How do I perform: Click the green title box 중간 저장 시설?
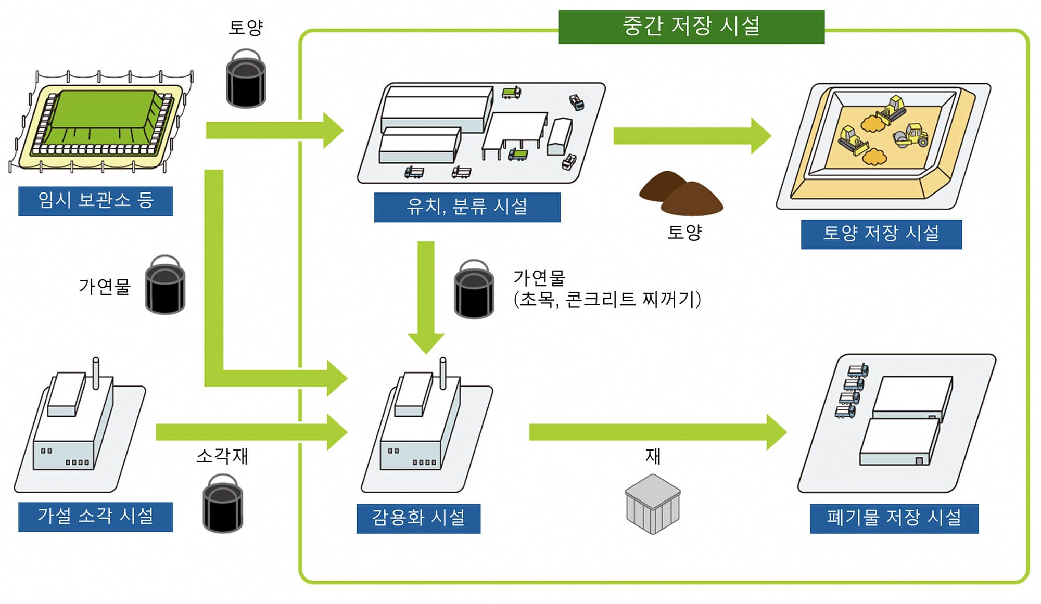click(691, 27)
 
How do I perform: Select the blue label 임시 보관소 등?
click(95, 201)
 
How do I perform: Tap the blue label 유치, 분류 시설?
click(467, 207)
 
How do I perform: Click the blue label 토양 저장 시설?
click(881, 234)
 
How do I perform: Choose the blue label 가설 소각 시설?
click(95, 517)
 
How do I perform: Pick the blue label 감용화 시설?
click(418, 518)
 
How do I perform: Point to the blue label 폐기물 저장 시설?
click(894, 518)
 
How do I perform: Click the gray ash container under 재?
click(653, 504)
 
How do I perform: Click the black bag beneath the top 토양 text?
click(246, 79)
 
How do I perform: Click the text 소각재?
click(222, 456)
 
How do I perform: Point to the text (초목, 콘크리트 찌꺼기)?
click(607, 300)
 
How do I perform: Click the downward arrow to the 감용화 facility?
click(426, 297)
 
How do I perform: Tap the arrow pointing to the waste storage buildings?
click(657, 432)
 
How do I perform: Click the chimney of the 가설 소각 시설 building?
click(96, 372)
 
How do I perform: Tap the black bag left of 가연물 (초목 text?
click(474, 289)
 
